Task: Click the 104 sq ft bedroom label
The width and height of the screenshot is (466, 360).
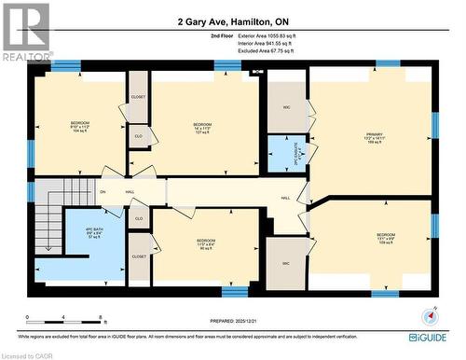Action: pos(79,127)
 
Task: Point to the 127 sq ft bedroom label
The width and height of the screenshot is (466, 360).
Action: pos(203,128)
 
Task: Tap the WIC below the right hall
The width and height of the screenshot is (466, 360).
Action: pos(284,264)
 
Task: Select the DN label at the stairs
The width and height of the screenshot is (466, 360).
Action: pos(103,192)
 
